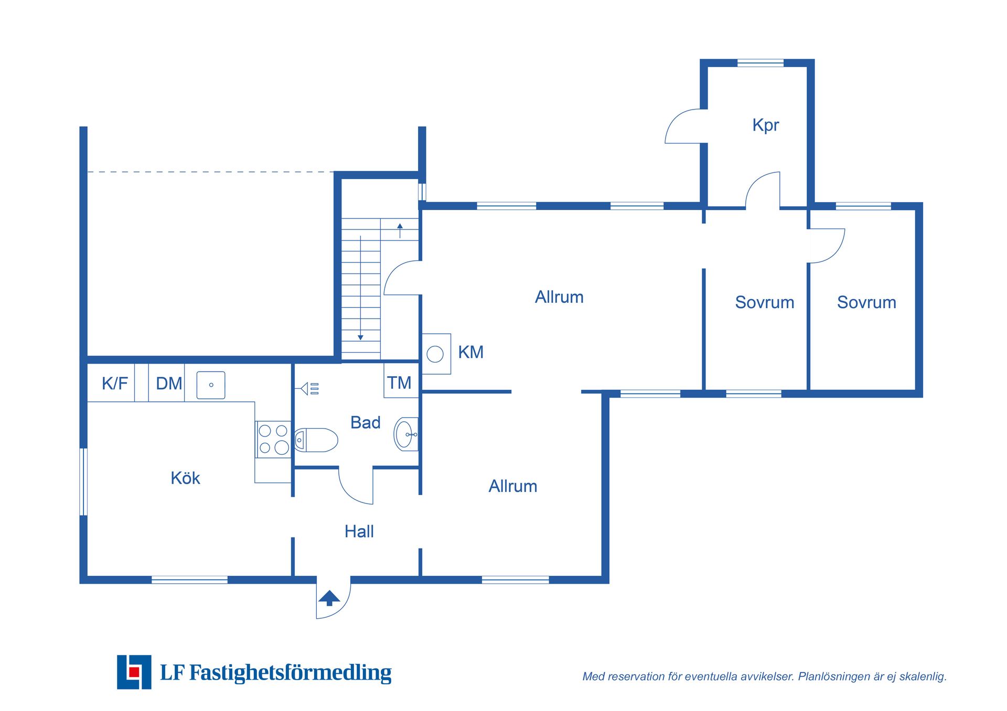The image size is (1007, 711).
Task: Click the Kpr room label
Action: coord(765,126)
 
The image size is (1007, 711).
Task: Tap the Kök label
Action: coord(185,478)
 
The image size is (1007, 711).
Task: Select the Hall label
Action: coord(359,531)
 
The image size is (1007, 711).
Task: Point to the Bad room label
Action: coord(365,422)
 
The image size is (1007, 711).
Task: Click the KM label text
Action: coord(470,352)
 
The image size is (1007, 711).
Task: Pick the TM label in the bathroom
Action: coord(399,382)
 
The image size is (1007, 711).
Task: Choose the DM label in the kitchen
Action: coord(169,384)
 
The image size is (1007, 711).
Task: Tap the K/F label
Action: coord(115,384)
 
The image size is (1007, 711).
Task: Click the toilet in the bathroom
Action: coord(316,440)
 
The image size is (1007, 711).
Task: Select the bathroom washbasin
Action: coord(406,434)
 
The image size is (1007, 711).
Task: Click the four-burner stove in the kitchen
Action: coord(273,439)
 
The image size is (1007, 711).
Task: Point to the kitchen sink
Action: coord(211,385)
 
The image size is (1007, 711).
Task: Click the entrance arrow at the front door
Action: coord(329,598)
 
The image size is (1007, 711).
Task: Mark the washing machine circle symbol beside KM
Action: coord(435,354)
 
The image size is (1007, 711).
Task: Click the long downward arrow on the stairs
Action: coord(360,288)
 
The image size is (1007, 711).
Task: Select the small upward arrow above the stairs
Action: coord(400,231)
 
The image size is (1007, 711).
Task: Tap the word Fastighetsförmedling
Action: coord(290,673)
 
